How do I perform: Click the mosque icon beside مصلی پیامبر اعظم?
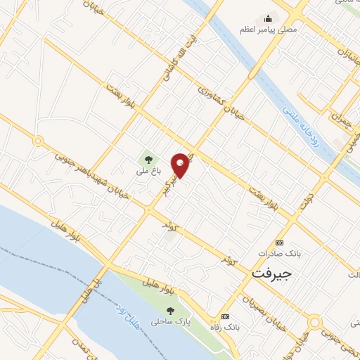pyautogui.click(x=267, y=19)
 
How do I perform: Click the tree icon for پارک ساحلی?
pyautogui.click(x=169, y=309)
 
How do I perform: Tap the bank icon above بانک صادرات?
pyautogui.click(x=281, y=240)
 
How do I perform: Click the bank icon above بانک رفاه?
pyautogui.click(x=224, y=316)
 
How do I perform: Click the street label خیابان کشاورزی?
pyautogui.click(x=220, y=101)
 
